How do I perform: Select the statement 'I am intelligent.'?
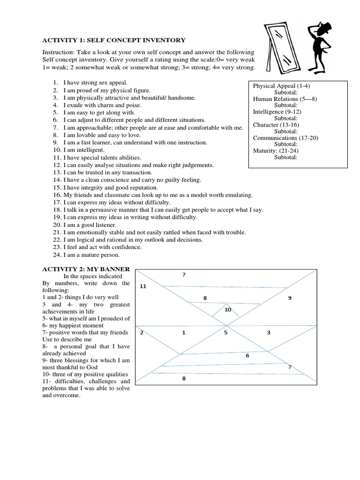coord(82,150)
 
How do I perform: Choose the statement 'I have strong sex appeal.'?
coord(91,82)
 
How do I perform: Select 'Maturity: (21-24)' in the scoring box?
coord(276,151)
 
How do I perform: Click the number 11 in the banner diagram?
coord(143,286)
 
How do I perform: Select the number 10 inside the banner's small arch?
coord(228,310)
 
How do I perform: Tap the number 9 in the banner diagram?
coord(290,298)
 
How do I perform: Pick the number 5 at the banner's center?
coord(225,333)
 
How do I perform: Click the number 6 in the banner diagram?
coord(247,356)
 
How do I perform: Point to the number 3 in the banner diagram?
coord(269,333)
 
